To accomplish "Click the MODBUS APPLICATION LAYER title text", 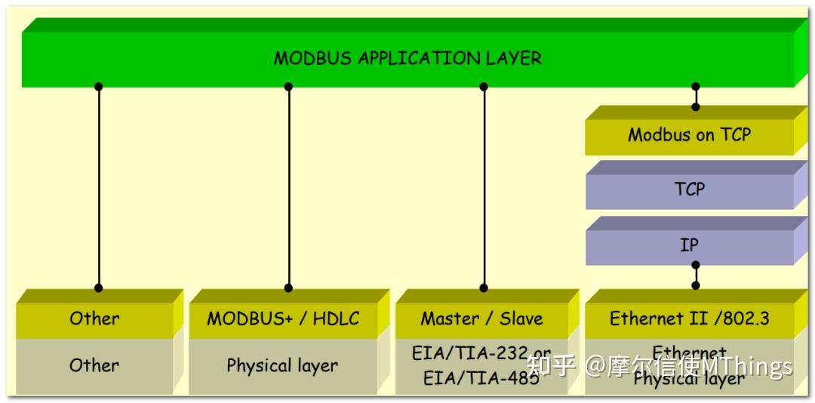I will [x=407, y=58].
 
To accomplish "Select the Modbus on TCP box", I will [x=689, y=135].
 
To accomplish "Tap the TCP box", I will [x=689, y=189].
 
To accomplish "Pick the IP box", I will [x=689, y=245].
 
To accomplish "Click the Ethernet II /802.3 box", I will [x=689, y=318].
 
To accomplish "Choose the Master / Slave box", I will [x=481, y=318].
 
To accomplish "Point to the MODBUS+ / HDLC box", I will [x=282, y=318].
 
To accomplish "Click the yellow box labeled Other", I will [x=94, y=318].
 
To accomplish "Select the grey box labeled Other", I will [x=94, y=365].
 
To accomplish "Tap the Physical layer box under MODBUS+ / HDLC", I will [x=282, y=365].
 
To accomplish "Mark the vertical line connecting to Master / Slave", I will [x=484, y=189].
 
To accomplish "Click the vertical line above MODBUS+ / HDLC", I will [x=288, y=189].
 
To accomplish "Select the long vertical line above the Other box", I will [x=98, y=189].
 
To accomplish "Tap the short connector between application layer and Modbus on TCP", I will [x=696, y=97].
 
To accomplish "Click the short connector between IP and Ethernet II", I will [x=696, y=275].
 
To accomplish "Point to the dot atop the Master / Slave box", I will [x=484, y=288].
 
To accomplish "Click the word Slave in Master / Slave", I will [x=520, y=318].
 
